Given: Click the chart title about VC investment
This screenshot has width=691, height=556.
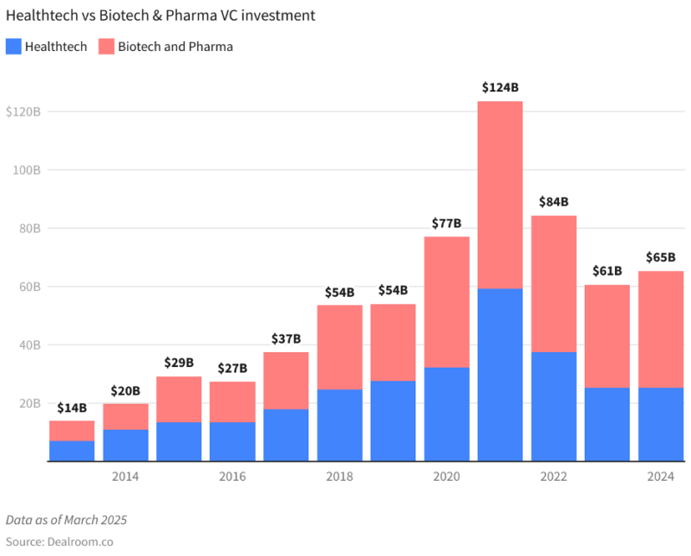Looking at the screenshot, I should point(160,16).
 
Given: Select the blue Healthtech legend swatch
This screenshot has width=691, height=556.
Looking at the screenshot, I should point(13,47).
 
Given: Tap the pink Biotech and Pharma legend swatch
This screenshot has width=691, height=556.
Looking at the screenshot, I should point(106,47).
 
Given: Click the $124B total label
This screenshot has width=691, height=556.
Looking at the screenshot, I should point(500,87).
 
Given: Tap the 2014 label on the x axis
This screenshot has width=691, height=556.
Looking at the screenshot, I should point(125,477).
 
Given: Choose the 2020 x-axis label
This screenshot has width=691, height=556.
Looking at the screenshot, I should point(447,477).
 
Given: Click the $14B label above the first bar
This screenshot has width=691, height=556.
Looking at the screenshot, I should point(72,408).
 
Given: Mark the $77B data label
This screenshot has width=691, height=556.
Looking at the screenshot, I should point(447,224).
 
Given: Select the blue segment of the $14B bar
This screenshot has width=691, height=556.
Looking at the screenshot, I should point(72,451).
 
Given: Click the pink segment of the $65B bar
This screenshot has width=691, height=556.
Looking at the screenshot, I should point(661,329).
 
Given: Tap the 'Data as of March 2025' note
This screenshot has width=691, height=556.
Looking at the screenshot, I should point(67,520).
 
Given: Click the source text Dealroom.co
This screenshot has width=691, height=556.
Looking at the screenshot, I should point(60,542).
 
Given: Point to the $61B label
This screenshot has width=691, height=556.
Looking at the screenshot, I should point(607,271).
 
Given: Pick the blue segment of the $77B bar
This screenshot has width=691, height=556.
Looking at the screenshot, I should point(447,414).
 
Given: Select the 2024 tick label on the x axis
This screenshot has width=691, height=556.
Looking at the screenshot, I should point(661,477).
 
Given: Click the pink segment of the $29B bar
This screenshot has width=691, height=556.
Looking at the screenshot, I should point(179,399).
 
